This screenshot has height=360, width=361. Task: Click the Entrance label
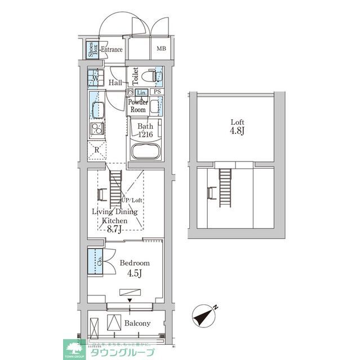click(112, 49)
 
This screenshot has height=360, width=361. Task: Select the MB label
click(161, 49)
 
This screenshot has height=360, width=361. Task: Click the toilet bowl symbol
click(149, 75)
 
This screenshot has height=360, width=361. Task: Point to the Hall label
click(115, 83)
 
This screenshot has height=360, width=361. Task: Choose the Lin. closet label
click(141, 92)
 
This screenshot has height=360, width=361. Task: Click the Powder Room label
click(137, 106)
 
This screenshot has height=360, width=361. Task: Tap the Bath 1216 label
click(145, 130)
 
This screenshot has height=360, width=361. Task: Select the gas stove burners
click(96, 129)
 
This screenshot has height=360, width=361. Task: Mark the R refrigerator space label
click(96, 150)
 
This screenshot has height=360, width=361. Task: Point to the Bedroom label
click(135, 263)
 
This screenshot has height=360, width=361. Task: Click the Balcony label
click(137, 323)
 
